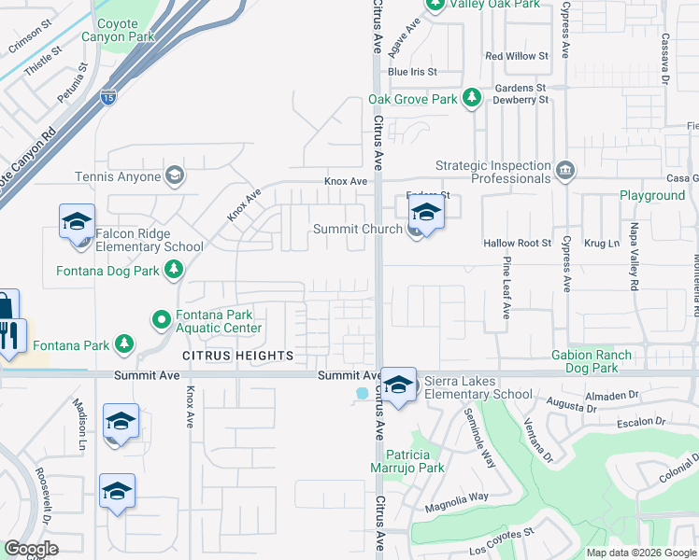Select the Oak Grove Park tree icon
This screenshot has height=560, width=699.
point(473,98)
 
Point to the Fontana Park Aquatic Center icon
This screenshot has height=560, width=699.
point(161,320)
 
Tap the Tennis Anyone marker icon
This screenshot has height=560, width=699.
point(174,175)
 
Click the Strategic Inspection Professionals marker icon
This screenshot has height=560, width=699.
point(564,170)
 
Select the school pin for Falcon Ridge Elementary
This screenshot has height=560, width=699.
point(77,223)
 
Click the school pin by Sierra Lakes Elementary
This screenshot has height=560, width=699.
point(398,385)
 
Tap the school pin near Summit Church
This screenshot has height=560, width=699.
point(426,214)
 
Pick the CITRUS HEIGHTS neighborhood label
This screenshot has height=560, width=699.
point(237,356)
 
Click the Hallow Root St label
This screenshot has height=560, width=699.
point(517,243)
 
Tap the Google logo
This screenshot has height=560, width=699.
point(31,549)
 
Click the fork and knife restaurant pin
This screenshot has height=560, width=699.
point(9,336)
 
